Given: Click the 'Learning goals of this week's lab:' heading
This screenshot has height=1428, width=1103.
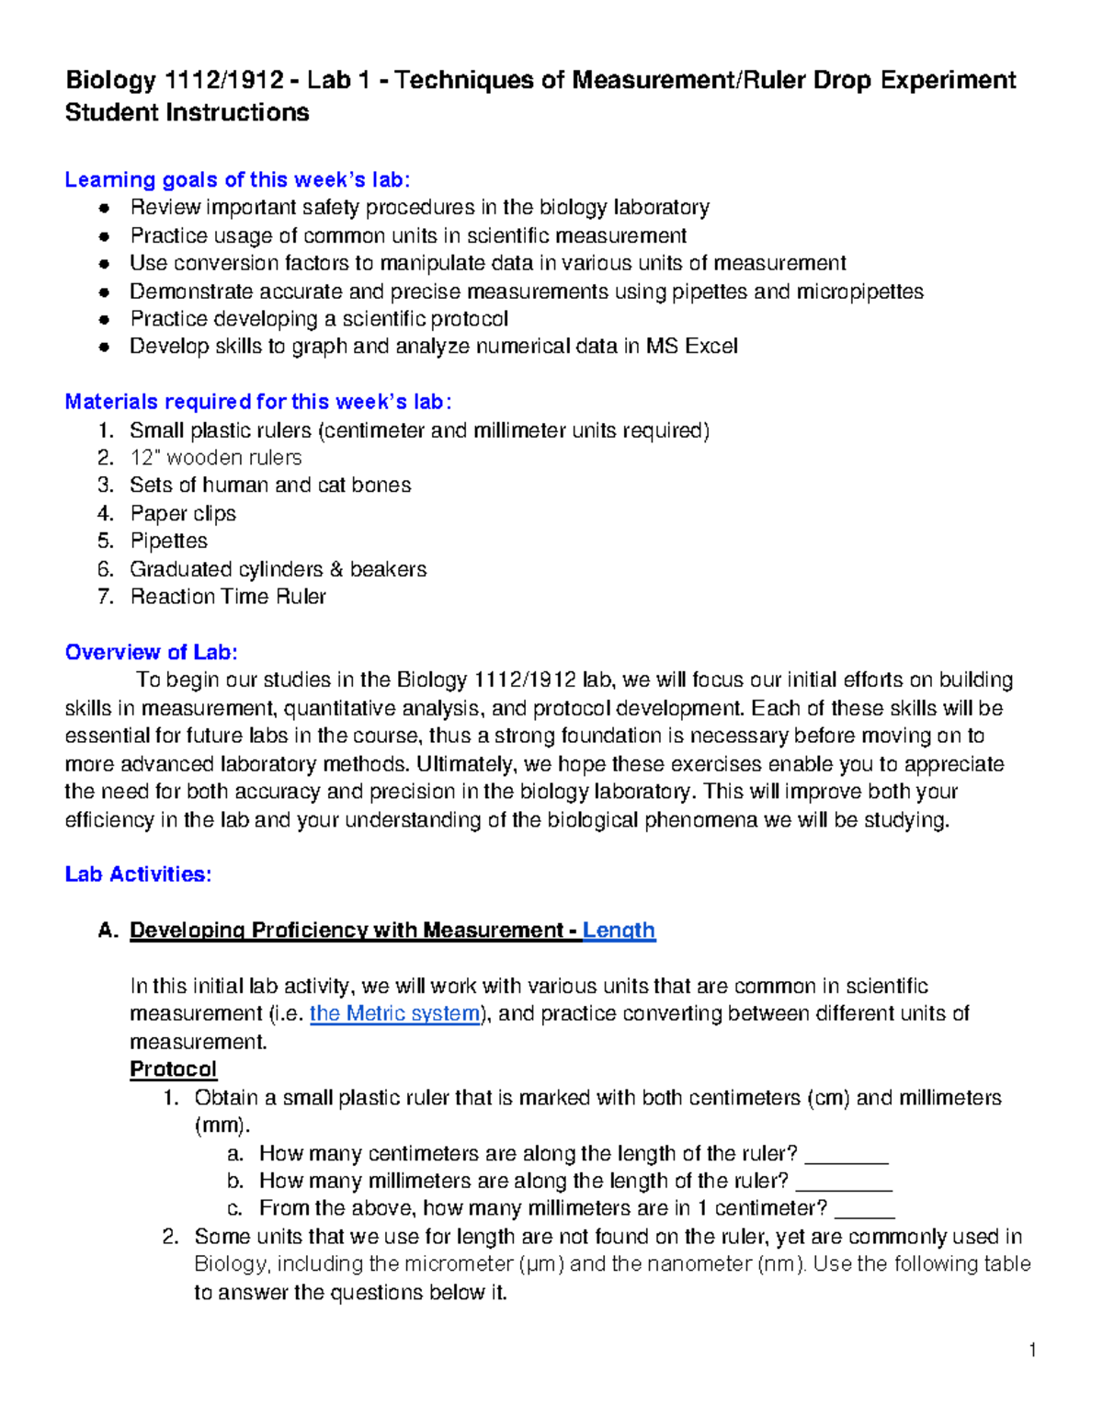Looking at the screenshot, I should pyautogui.click(x=237, y=179).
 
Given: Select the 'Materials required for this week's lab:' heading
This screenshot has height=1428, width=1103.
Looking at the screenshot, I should pyautogui.click(x=257, y=402).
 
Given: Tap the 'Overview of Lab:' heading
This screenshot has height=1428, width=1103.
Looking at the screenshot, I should pyautogui.click(x=151, y=652).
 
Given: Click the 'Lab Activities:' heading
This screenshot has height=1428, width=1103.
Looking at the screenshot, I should pyautogui.click(x=138, y=874).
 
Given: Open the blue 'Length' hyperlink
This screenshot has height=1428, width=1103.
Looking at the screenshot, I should pyautogui.click(x=619, y=931).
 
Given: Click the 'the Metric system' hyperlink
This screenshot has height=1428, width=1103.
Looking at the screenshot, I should pyautogui.click(x=394, y=1013).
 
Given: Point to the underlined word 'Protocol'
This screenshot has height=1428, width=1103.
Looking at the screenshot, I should pyautogui.click(x=173, y=1069).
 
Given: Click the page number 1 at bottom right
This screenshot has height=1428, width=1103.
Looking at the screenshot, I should pyautogui.click(x=1033, y=1350).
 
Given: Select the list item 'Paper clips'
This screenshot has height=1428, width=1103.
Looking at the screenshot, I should pyautogui.click(x=183, y=513).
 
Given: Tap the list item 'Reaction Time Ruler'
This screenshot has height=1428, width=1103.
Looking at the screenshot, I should pyautogui.click(x=228, y=597).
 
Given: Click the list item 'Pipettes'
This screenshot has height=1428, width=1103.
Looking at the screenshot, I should pyautogui.click(x=168, y=541).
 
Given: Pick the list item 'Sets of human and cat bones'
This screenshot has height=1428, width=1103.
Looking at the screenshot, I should pyautogui.click(x=270, y=485).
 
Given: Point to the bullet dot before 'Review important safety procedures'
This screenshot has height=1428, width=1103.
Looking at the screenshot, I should pyautogui.click(x=106, y=208).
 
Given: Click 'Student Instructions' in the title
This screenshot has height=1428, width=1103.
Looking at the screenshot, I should pyautogui.click(x=187, y=113).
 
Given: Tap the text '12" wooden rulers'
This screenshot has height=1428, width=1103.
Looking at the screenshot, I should pyautogui.click(x=215, y=457).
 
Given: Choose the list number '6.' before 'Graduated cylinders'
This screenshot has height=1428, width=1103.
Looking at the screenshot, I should pyautogui.click(x=106, y=569).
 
